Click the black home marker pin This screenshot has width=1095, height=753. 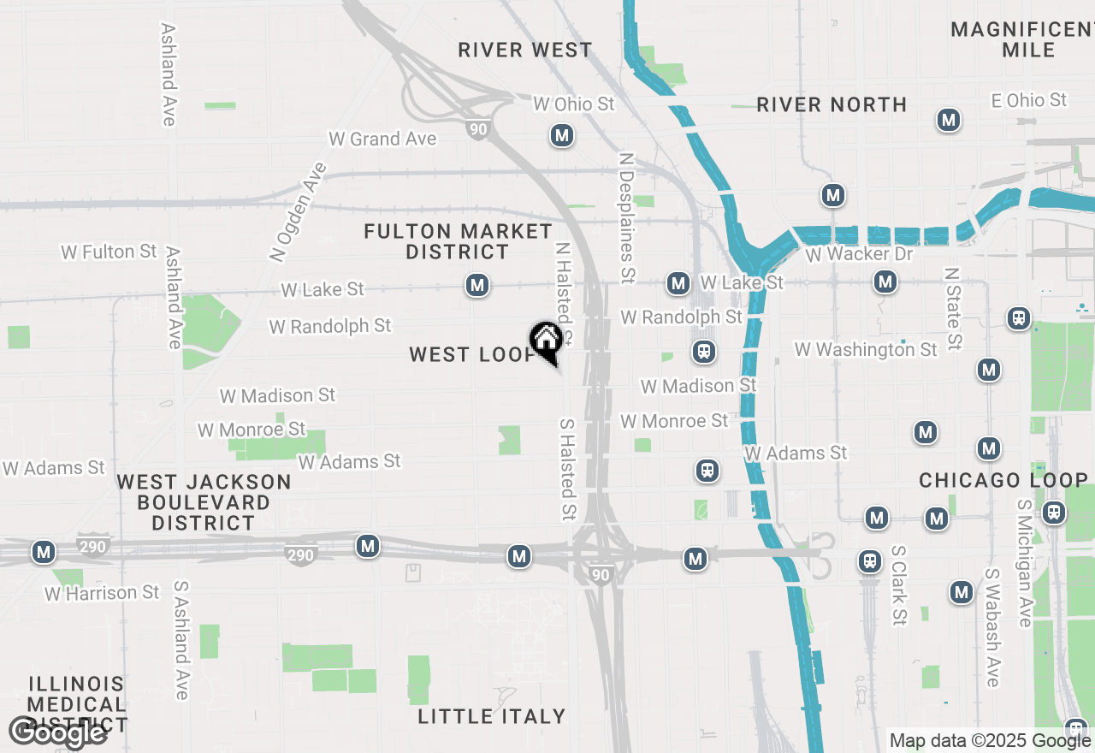(546, 342)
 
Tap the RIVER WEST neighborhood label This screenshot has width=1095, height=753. (524, 50)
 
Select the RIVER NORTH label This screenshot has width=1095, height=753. (832, 104)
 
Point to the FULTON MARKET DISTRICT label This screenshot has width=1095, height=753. (458, 241)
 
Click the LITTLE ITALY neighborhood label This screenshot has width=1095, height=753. (492, 716)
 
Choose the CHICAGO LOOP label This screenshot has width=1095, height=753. (1003, 480)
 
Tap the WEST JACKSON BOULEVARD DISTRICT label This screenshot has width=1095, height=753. (204, 502)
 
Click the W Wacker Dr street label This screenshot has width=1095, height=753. (859, 255)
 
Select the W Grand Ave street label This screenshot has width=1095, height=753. (382, 139)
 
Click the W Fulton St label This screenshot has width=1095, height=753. (109, 252)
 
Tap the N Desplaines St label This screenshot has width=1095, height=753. (627, 217)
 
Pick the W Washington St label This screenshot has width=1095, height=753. (866, 349)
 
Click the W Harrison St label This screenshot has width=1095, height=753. (102, 592)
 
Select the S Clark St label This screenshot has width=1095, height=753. (898, 586)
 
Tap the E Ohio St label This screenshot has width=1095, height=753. (1028, 100)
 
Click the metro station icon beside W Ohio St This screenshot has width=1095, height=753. (561, 135)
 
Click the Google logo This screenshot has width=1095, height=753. (57, 732)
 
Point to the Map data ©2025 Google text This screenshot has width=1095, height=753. (990, 741)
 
